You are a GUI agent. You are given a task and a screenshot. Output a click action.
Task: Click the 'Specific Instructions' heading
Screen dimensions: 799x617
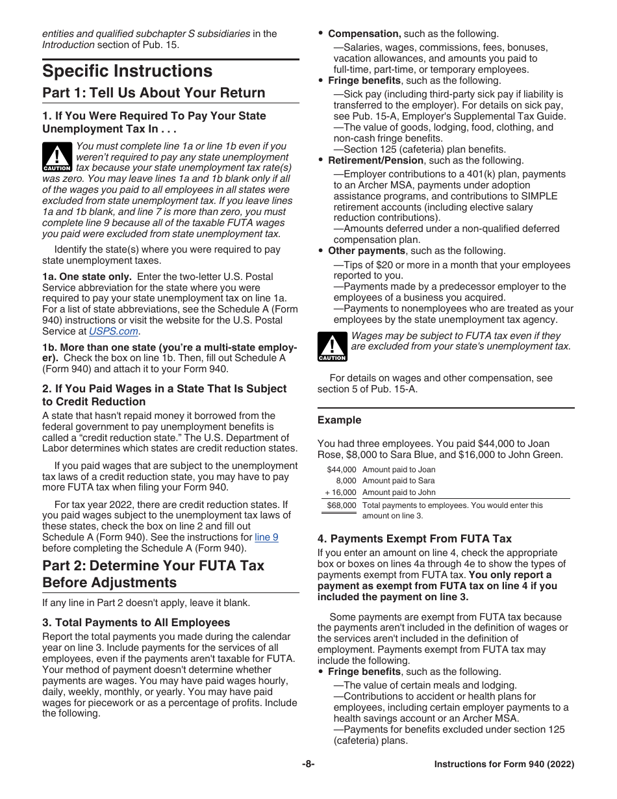click(127, 71)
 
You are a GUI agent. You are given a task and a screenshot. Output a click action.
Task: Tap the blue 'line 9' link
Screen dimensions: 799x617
click(266, 537)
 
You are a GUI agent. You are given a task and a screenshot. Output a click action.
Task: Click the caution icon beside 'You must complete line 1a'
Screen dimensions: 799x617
click(57, 158)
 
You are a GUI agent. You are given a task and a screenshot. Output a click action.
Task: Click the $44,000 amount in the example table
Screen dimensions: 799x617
click(342, 470)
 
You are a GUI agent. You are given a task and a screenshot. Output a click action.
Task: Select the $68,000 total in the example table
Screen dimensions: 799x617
click(342, 505)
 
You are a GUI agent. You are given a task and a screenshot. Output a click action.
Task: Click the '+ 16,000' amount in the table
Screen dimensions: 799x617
click(340, 492)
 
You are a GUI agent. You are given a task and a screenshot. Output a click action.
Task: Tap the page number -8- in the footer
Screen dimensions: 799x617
click(308, 765)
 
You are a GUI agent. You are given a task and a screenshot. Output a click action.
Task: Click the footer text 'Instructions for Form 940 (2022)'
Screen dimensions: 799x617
click(504, 765)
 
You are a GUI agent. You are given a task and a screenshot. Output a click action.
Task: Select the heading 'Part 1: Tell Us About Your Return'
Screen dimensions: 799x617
click(154, 93)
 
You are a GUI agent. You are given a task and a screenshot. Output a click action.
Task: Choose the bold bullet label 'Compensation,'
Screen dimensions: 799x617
click(364, 34)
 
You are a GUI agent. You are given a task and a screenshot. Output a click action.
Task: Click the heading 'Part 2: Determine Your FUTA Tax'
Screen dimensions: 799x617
click(153, 565)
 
